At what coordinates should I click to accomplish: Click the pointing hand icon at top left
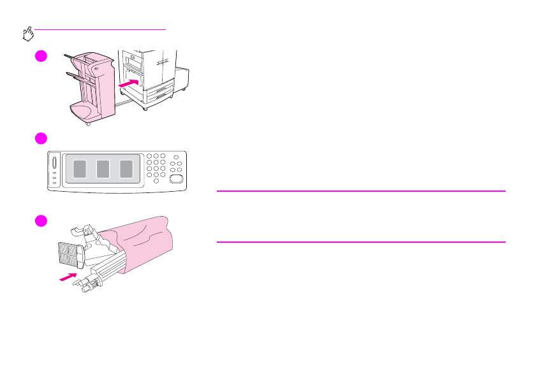[x=28, y=34]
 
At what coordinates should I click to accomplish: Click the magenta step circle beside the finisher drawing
[x=40, y=55]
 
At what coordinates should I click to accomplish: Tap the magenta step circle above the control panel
[x=40, y=139]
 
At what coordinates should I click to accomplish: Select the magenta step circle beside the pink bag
[x=40, y=220]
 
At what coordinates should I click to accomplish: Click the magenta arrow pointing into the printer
[x=130, y=83]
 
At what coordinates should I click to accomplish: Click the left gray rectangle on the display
[x=79, y=169]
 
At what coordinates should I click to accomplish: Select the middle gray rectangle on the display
[x=103, y=169]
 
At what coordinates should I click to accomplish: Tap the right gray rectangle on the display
[x=126, y=169]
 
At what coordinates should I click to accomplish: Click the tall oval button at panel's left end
[x=54, y=162]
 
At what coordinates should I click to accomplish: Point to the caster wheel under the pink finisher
[x=88, y=124]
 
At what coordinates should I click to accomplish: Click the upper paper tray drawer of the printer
[x=158, y=93]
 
